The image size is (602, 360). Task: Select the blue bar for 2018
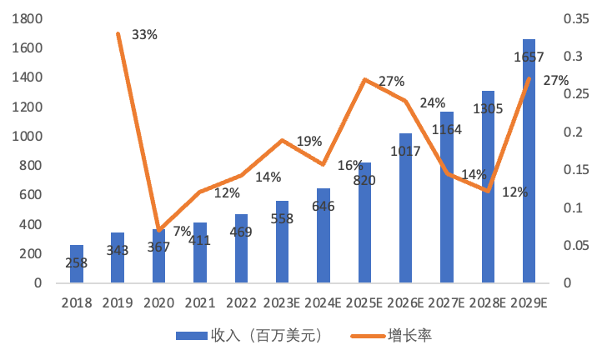coord(76,263)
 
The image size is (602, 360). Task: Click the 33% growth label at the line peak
coord(144,35)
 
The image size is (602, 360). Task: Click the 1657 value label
coord(529,58)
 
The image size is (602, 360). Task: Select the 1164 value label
coord(447,130)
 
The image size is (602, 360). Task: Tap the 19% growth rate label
coord(309,142)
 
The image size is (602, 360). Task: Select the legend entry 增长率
coord(409,336)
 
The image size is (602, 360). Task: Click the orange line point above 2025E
coord(364,79)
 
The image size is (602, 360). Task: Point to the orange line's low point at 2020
coord(158,231)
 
